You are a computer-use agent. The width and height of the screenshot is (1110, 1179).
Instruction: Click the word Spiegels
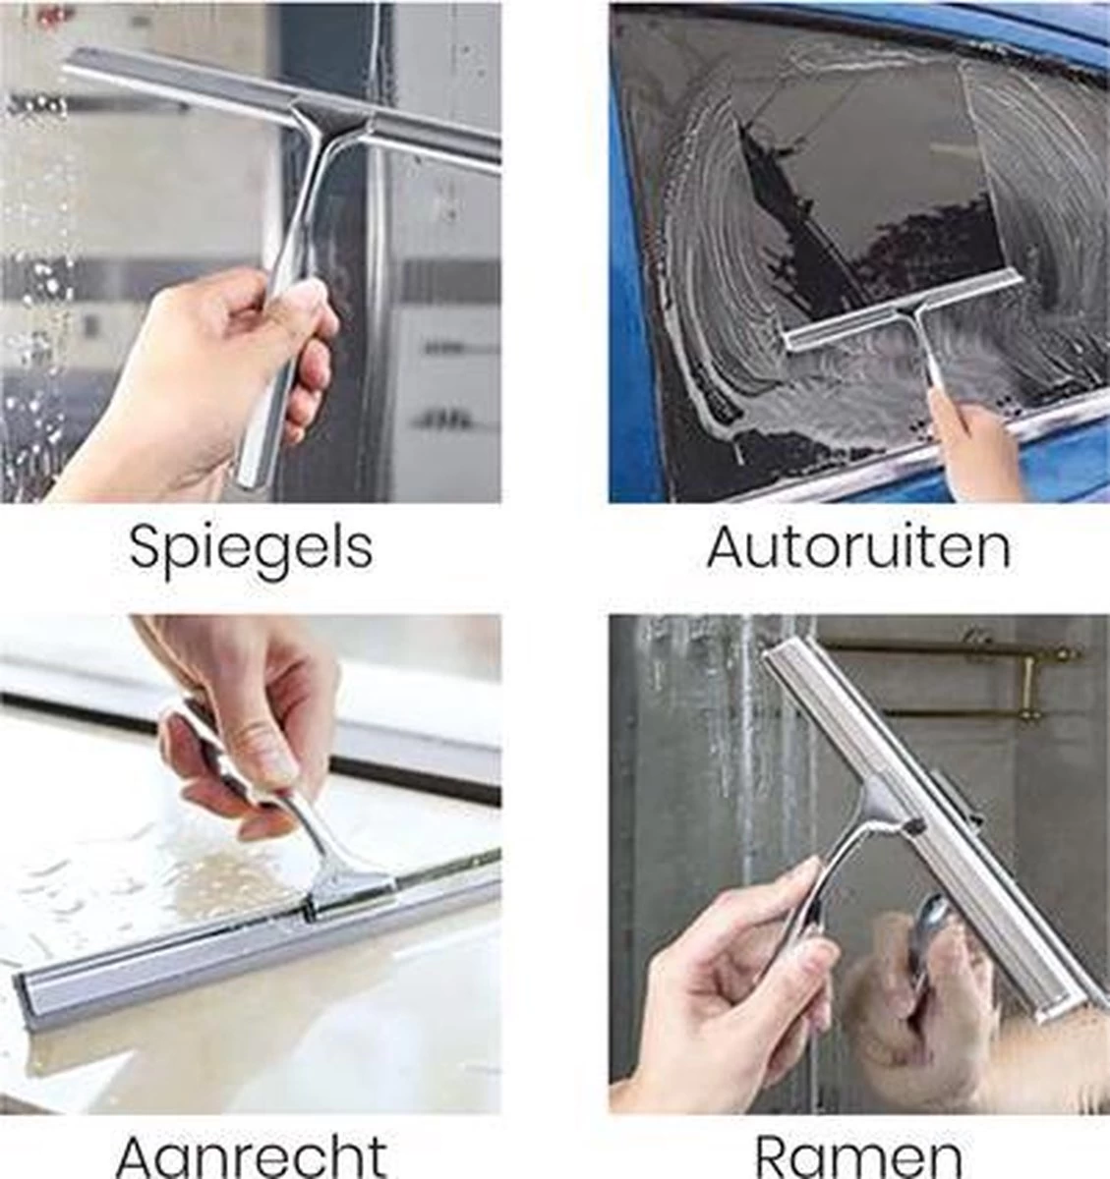tap(251, 546)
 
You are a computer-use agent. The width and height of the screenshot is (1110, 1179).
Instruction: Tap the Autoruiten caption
tap(858, 546)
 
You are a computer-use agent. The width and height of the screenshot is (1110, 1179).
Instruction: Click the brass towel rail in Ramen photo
tap(944, 649)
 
